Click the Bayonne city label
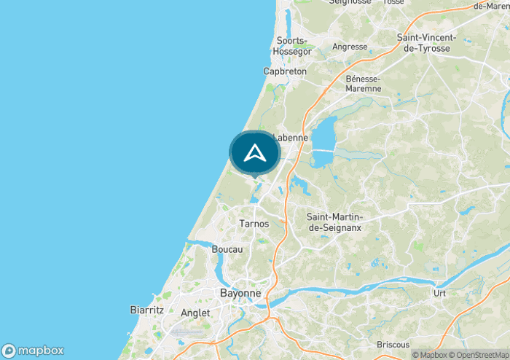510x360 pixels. (x=240, y=293)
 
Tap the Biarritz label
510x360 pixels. (x=146, y=310)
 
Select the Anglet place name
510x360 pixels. (x=195, y=313)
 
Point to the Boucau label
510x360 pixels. (x=227, y=249)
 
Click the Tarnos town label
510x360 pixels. (x=254, y=224)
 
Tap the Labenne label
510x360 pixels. (x=291, y=137)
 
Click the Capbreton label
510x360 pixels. (x=285, y=71)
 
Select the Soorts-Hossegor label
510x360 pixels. (x=291, y=46)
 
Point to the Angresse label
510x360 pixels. (x=350, y=47)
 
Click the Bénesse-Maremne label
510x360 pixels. (x=364, y=83)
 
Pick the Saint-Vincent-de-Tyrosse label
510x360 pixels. (x=426, y=42)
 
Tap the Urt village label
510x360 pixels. (x=439, y=293)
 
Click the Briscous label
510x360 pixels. (x=393, y=344)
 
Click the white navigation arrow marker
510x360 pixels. (x=255, y=152)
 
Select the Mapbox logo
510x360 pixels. (x=34, y=350)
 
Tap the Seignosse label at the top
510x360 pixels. (x=350, y=2)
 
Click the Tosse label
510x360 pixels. (x=393, y=2)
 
